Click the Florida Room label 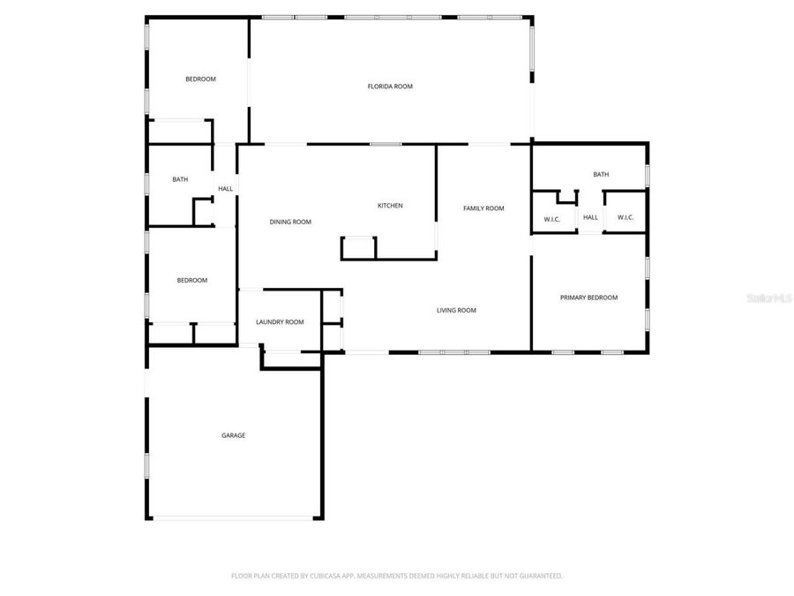390,87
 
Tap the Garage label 233,435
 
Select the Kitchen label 390,206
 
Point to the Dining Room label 290,222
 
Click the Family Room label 483,208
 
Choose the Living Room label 456,310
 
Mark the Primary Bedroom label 588,298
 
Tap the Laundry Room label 280,322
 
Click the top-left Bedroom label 200,79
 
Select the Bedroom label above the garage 191,281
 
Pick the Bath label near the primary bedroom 601,175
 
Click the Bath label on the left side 180,180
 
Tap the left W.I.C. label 552,218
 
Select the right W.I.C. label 625,218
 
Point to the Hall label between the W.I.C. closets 590,218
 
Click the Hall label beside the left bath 226,189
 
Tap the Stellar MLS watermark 769,299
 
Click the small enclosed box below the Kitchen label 358,248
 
